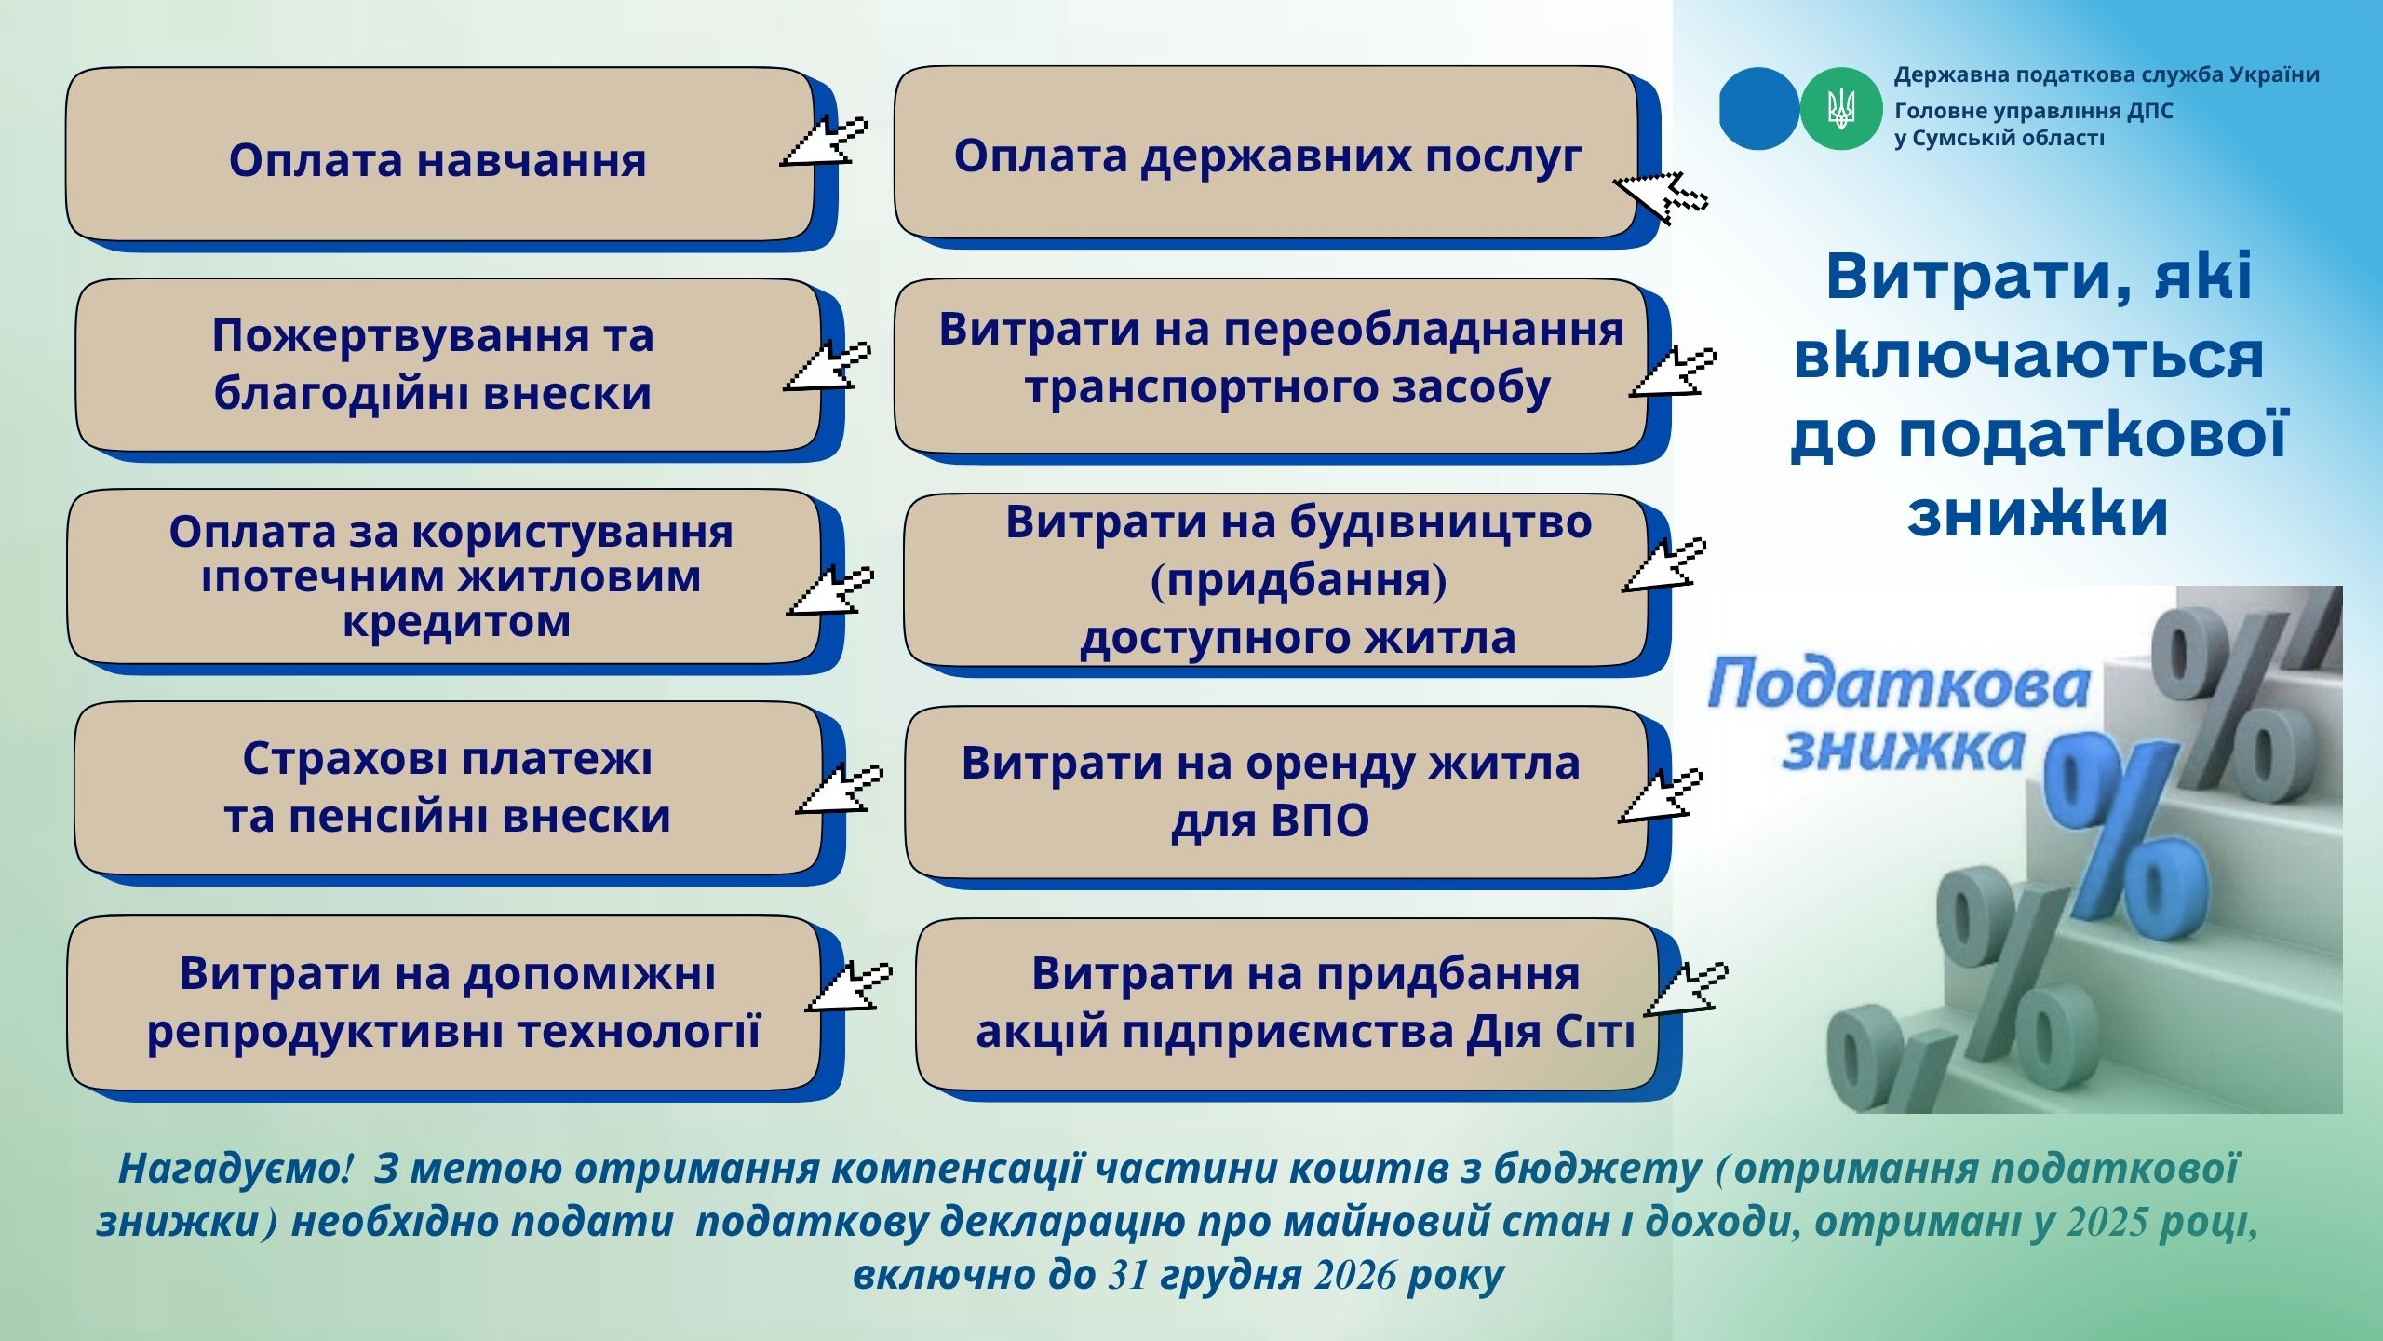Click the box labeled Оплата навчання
(440, 155)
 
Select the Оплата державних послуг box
(1266, 152)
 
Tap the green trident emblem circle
(1840, 109)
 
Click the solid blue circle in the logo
(1758, 109)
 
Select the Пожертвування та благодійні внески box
(448, 366)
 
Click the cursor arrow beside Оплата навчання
(823, 142)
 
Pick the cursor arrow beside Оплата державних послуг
(1661, 196)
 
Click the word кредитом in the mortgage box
(456, 622)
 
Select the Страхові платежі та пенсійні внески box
(449, 789)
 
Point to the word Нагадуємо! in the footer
(236, 1170)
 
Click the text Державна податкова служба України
(2107, 75)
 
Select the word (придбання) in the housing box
(1299, 581)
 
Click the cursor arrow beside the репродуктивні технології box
(847, 985)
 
